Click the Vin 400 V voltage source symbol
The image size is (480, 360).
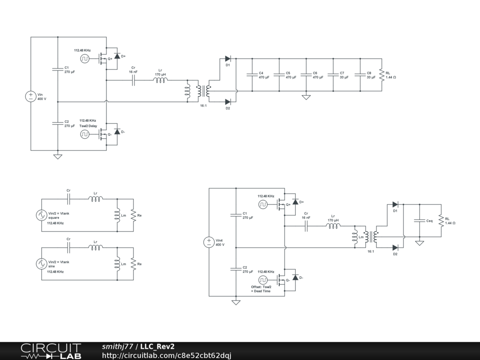click(x=30, y=97)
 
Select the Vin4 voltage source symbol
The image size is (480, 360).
click(x=209, y=242)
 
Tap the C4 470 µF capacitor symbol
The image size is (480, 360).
click(x=252, y=75)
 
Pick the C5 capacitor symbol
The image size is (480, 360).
click(x=279, y=75)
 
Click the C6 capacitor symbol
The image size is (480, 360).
click(x=306, y=75)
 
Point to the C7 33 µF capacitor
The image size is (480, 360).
click(x=333, y=75)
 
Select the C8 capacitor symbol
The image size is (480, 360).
click(x=360, y=75)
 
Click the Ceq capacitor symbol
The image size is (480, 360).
click(x=420, y=220)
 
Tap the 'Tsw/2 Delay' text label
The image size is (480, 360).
click(x=88, y=126)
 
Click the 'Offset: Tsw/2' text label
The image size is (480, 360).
click(x=261, y=287)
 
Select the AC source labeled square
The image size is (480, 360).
click(x=41, y=215)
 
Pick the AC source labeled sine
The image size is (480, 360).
click(x=41, y=264)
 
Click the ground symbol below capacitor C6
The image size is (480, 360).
click(x=306, y=97)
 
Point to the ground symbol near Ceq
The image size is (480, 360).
click(x=420, y=243)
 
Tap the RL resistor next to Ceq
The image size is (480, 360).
click(x=441, y=220)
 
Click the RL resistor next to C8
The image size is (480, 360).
click(x=382, y=75)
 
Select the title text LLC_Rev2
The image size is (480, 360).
click(x=157, y=346)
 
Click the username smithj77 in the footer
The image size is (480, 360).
click(x=118, y=346)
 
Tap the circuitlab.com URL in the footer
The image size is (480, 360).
click(x=166, y=355)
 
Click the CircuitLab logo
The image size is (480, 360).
click(x=51, y=351)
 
